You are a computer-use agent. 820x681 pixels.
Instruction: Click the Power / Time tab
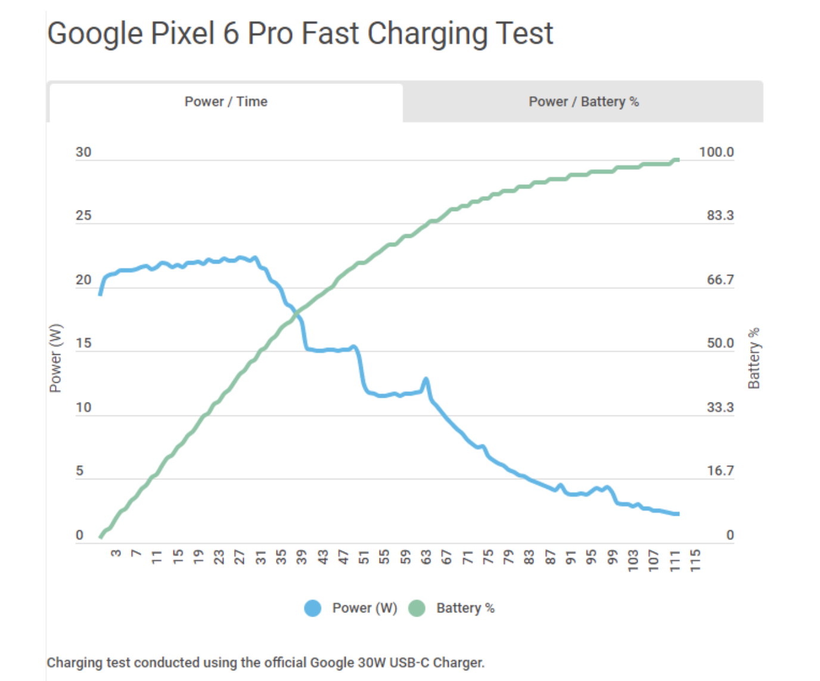[226, 102]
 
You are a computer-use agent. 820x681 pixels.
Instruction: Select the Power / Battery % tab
[583, 102]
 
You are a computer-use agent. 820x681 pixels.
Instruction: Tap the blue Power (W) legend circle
[313, 608]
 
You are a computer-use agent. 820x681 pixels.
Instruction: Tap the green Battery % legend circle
[417, 608]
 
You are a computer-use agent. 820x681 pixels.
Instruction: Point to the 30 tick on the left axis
[83, 152]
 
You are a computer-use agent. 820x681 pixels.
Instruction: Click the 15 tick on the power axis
[83, 343]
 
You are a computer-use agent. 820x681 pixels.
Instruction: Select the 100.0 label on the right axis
[716, 152]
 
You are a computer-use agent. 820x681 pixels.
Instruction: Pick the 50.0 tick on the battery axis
[720, 343]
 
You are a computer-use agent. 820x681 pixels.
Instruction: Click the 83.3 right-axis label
[720, 215]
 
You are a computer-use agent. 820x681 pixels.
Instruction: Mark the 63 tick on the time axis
[426, 557]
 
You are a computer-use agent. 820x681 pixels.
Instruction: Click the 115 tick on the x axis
[695, 561]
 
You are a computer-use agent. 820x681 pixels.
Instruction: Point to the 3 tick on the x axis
[116, 553]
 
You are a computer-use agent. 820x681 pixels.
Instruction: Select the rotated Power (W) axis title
[55, 358]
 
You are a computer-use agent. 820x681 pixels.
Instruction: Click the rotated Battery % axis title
[754, 358]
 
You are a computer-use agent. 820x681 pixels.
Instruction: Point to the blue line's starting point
[100, 294]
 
